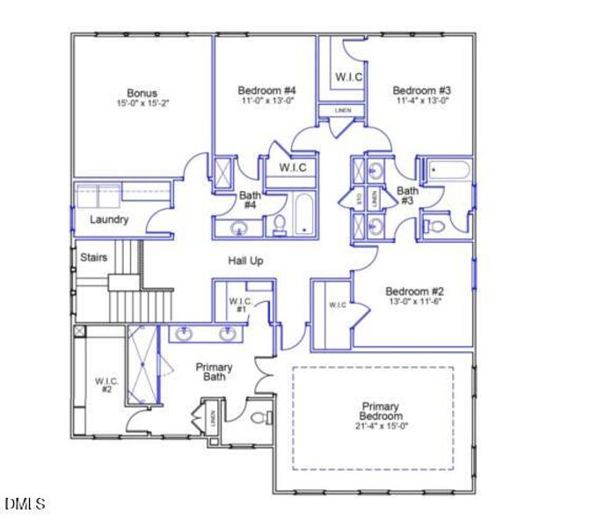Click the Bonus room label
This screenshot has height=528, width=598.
point(142,92)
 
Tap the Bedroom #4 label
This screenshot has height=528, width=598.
point(266,90)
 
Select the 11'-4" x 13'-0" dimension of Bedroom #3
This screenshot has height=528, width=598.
point(423,100)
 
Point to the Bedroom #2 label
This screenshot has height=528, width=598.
point(414,291)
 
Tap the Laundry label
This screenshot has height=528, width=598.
point(109,220)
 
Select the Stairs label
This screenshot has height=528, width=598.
point(93,258)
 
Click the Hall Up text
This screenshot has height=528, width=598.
point(246,261)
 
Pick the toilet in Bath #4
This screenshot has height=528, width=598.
point(279,225)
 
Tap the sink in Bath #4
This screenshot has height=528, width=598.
point(237,228)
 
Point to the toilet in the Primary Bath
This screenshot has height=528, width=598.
point(262,417)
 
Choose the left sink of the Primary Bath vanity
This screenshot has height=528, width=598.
point(186,334)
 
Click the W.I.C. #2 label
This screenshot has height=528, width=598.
point(105,385)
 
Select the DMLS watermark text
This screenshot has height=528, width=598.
point(25,504)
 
